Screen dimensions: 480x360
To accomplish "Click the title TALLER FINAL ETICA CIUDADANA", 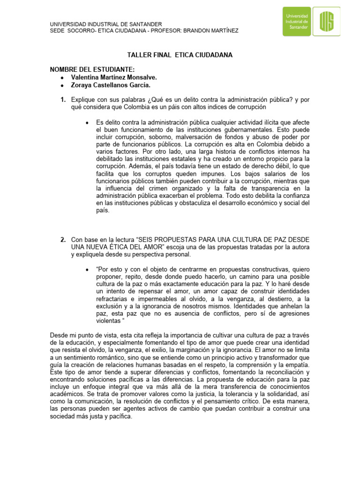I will [x=180, y=55].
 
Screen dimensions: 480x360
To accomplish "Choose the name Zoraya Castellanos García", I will [x=111, y=85].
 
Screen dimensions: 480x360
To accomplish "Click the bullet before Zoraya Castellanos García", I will [x=62, y=85].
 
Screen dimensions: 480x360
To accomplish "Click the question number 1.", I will [x=63, y=100].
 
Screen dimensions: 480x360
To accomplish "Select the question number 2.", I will [x=63, y=240].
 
